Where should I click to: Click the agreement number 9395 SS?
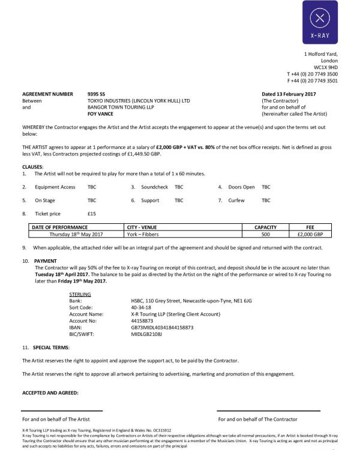coord(96,94)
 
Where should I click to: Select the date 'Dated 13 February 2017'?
coord(289,94)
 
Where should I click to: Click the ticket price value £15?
coord(92,214)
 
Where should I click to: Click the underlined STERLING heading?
coord(80,294)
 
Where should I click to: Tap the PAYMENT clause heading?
coord(46,262)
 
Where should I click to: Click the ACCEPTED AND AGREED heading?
coord(50,393)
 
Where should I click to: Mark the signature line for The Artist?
coord(63,411)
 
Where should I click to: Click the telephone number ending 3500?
coord(312,74)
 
